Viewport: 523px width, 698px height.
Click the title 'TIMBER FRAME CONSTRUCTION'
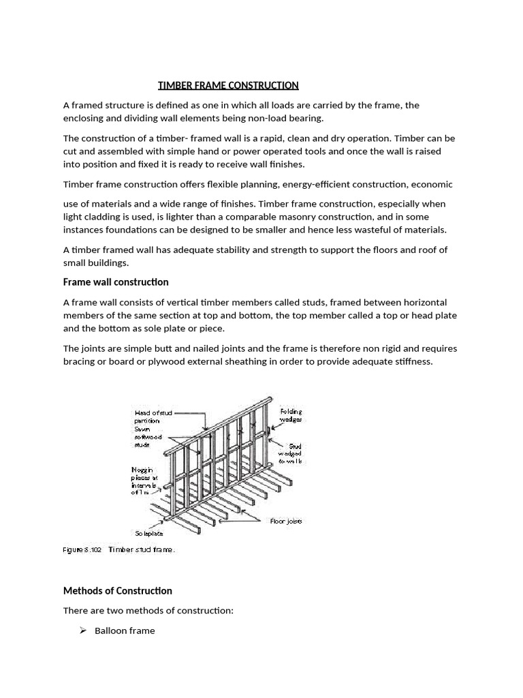click(228, 85)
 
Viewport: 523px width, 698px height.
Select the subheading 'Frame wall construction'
click(116, 282)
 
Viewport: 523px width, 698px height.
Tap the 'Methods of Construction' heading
click(117, 590)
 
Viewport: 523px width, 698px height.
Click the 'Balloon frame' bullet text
click(125, 631)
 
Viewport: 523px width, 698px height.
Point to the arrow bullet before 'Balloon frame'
click(82, 631)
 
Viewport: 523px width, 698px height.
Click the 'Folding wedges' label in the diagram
click(290, 416)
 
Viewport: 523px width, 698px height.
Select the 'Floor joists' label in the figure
click(285, 521)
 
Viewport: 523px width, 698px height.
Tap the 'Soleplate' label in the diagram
click(148, 534)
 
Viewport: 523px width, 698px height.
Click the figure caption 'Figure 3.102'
click(82, 549)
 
